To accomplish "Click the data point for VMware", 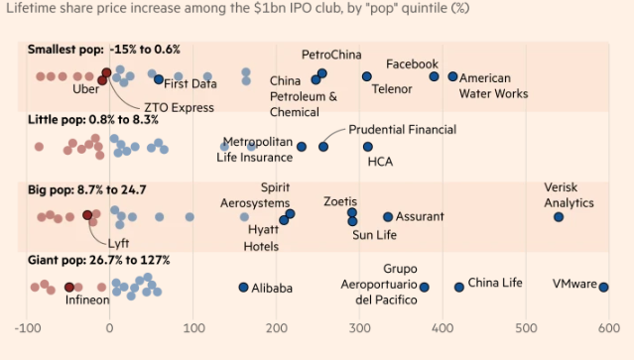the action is coord(603,288).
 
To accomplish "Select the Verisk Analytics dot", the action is coord(559,217).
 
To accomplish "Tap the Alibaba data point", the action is coord(243,288).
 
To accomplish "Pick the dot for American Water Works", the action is coord(452,76).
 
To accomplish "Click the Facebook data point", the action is coord(434,76).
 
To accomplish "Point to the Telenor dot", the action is coord(367,76).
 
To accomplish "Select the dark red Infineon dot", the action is coord(69,288).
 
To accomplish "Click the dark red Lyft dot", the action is coord(87,215).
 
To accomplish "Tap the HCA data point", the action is coord(367,147).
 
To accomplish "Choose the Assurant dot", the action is coord(388,217).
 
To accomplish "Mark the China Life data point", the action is coord(459,288).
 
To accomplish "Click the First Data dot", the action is coord(159,79).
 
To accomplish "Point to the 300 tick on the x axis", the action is coord(360,327).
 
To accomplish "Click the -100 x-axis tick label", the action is coord(28,327).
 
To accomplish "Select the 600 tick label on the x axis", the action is coord(609,327).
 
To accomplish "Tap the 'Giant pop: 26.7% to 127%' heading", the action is coord(98,260).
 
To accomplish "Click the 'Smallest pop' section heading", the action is coord(65,50).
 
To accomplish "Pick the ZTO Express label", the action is coord(180,108).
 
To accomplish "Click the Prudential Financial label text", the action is coord(402,130).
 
